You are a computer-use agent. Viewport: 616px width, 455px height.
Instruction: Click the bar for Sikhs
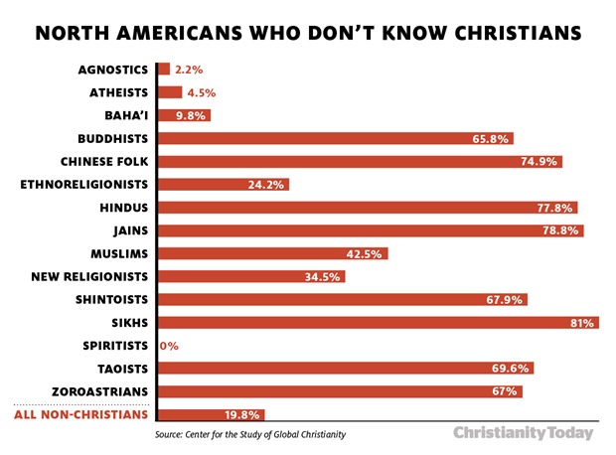(x=378, y=322)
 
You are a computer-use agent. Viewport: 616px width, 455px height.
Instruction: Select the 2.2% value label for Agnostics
(x=188, y=70)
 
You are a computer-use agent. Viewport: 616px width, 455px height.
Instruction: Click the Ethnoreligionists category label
(x=84, y=184)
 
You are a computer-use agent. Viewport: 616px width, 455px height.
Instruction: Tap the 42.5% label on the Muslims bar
(x=366, y=253)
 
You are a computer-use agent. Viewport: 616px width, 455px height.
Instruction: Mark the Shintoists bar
(x=343, y=299)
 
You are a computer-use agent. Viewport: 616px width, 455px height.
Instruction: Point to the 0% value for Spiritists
(x=168, y=346)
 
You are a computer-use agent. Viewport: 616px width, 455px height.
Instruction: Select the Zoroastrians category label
(x=97, y=391)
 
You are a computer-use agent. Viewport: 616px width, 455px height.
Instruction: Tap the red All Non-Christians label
(x=81, y=414)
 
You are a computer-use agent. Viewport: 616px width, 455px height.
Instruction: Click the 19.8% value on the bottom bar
(x=243, y=415)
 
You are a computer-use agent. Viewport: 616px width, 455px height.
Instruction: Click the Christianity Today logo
(x=524, y=433)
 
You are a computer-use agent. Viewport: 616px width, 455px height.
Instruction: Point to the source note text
(x=256, y=435)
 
